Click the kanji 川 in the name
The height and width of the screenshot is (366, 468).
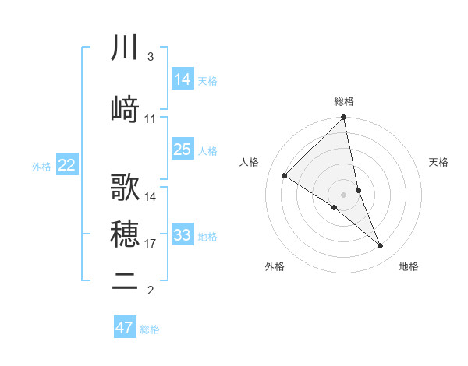[125, 48]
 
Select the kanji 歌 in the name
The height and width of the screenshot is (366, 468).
[125, 188]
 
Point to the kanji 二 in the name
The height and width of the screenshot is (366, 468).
[125, 282]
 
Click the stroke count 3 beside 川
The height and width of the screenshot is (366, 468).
[150, 57]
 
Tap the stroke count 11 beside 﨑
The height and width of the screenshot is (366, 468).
[151, 119]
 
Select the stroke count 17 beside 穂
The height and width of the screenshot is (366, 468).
[151, 244]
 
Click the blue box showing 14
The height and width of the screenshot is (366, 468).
[183, 79]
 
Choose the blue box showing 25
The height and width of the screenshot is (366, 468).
[183, 149]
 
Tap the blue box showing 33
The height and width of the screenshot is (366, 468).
[183, 234]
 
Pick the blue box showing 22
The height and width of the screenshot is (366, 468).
[67, 165]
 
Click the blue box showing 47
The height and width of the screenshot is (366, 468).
[125, 328]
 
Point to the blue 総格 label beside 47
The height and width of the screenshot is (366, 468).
[150, 329]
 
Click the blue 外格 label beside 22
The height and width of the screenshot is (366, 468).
[41, 166]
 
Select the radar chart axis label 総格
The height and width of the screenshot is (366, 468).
[344, 101]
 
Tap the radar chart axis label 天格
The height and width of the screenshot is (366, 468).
[439, 162]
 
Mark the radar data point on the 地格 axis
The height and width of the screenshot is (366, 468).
[380, 245]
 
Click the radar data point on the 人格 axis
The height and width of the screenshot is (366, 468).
[285, 176]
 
